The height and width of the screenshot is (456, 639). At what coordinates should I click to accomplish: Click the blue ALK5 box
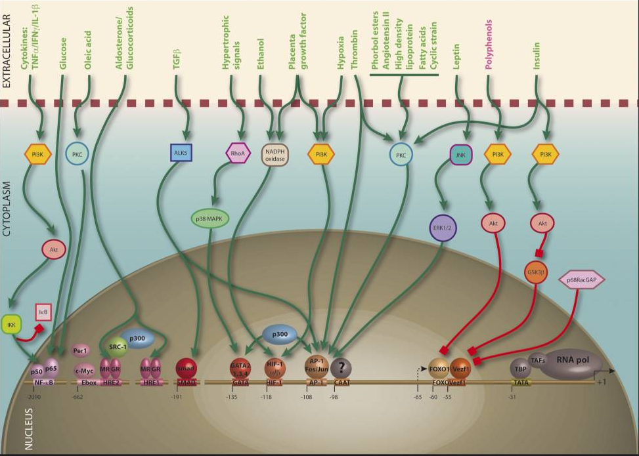(x=181, y=153)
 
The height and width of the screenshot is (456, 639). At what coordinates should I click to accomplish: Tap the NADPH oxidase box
(x=276, y=154)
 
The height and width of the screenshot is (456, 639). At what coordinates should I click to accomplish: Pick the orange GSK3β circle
(x=536, y=271)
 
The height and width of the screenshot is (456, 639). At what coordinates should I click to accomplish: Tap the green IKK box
(x=12, y=324)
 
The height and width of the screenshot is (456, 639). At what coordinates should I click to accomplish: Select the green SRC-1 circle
(x=118, y=345)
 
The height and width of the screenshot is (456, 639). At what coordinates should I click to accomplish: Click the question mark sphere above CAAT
(x=342, y=367)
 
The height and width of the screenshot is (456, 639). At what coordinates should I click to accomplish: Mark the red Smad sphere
(x=186, y=367)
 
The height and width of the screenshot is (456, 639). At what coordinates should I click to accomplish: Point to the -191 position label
(x=175, y=397)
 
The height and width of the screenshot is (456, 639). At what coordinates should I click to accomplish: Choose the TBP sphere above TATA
(x=519, y=368)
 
